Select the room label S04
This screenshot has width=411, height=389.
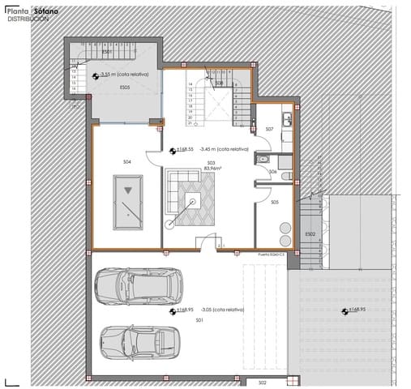[x=127, y=163]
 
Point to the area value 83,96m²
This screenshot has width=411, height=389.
[x=211, y=168]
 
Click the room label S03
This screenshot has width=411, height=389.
[x=210, y=162]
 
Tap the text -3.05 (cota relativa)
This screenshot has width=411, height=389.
[x=218, y=310]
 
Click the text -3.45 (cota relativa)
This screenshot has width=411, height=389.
[x=223, y=150]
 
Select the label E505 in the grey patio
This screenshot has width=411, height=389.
[x=125, y=87]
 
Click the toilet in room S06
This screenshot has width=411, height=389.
[x=259, y=161]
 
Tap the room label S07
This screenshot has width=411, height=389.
[x=269, y=129]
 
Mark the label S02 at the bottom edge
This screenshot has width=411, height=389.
[x=262, y=383]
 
